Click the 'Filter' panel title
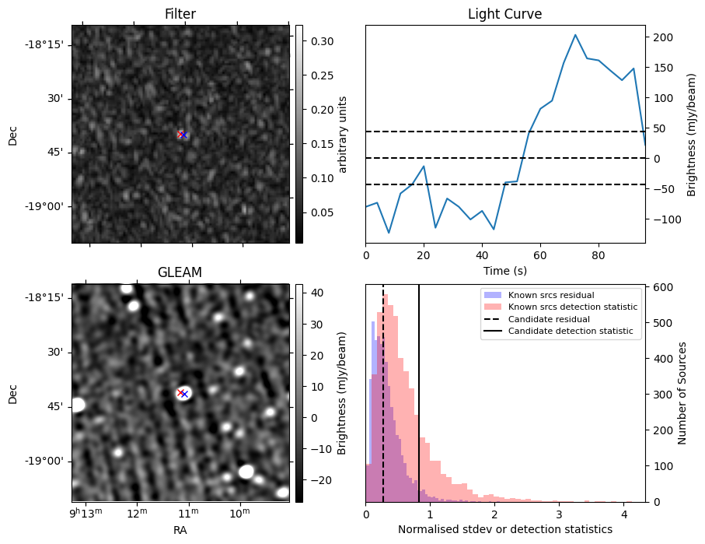(x=180, y=14)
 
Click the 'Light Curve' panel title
(x=504, y=14)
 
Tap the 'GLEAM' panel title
(x=180, y=272)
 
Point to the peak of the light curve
(x=575, y=35)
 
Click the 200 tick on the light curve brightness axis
(x=661, y=37)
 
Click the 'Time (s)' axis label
(x=504, y=270)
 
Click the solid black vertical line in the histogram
(x=419, y=389)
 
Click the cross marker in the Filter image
(x=182, y=135)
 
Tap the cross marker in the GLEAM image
(x=182, y=393)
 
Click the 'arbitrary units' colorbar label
(x=342, y=134)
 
